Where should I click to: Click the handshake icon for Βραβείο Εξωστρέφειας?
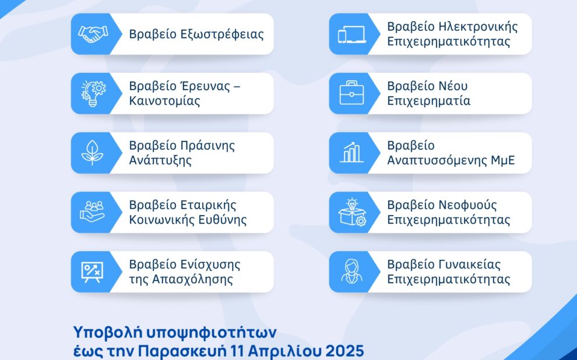(90, 34)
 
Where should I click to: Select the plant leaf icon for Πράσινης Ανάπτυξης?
(90, 153)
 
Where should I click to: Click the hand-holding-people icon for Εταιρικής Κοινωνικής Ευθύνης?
(91, 212)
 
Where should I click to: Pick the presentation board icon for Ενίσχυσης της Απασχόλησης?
(91, 271)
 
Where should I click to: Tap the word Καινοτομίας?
(164, 101)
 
